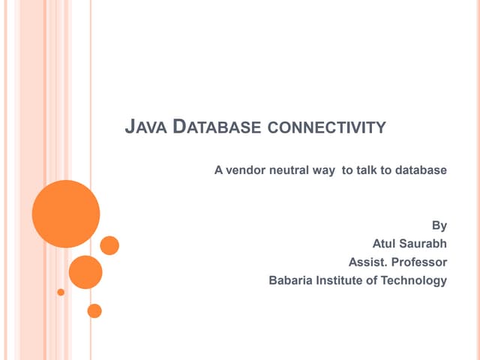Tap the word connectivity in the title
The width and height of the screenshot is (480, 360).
[x=326, y=128]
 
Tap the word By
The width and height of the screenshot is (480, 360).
[x=439, y=225]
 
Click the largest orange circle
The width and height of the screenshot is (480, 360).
[x=66, y=214]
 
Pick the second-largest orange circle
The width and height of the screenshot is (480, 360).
[x=85, y=272]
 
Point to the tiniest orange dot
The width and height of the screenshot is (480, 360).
[x=61, y=292]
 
